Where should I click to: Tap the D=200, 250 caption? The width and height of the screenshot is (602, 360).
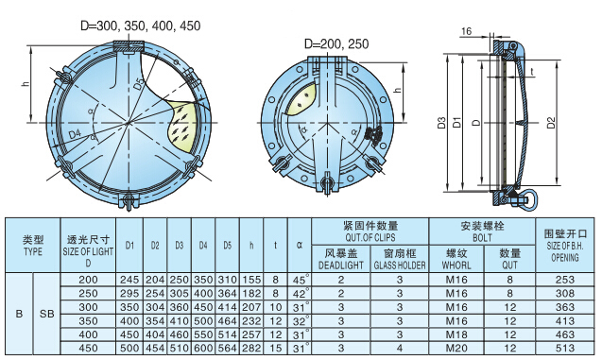337,43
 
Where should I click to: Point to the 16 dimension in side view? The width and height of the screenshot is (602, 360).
467,32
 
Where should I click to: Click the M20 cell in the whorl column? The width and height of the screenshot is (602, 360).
457,349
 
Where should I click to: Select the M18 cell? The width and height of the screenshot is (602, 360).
457,334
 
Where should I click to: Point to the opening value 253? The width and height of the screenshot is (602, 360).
565,281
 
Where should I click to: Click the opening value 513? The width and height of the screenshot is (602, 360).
565,349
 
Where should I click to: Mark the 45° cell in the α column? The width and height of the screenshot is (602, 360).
300,281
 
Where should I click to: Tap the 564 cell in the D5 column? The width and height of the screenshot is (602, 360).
227,349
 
